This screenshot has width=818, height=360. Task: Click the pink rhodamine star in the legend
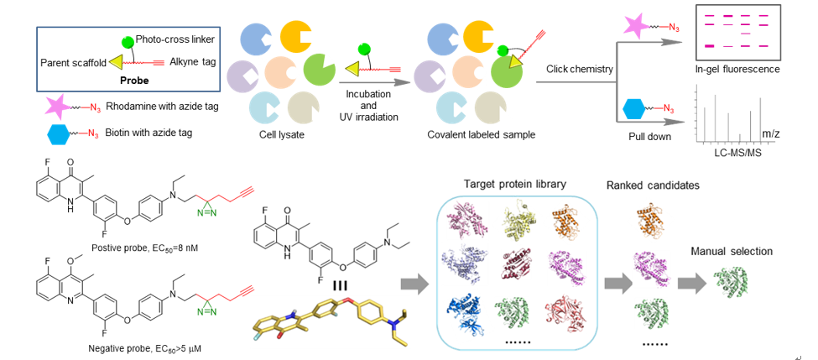click(61, 109)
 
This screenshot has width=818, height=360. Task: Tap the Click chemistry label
click(579, 68)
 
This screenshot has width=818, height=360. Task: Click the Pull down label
click(649, 137)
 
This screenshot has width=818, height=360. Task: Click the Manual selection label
click(729, 251)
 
